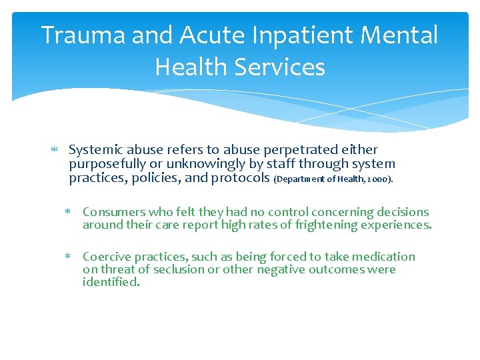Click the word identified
[111, 283]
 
